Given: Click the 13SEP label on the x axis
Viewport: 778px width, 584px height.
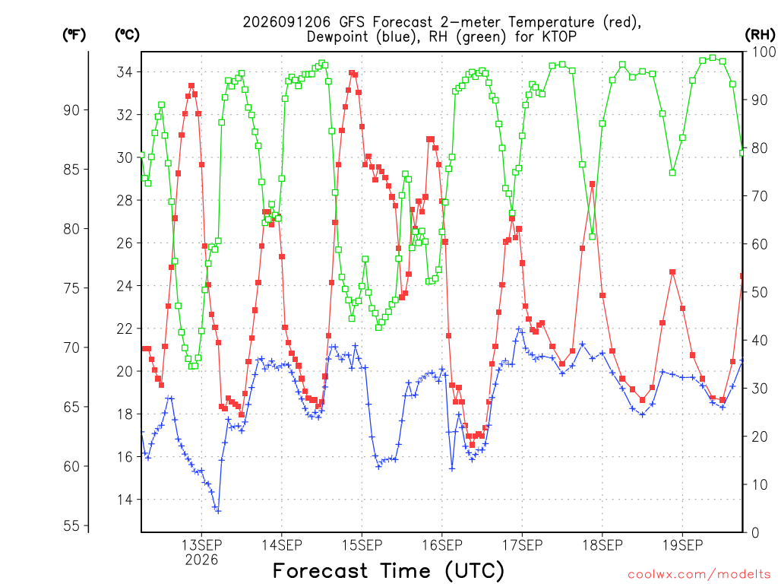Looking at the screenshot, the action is [x=201, y=545].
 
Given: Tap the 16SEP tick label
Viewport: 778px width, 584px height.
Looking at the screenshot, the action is [x=442, y=545].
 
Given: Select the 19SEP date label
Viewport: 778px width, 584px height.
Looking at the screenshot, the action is [x=683, y=545].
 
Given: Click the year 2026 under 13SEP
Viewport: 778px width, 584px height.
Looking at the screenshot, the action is [x=201, y=560].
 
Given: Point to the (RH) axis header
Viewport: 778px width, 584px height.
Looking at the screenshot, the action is [x=760, y=34].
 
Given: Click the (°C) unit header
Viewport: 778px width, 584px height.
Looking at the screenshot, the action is [x=127, y=34].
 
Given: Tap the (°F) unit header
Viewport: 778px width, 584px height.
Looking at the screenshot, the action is [x=74, y=34].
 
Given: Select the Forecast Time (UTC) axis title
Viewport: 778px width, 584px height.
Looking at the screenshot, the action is [x=388, y=571].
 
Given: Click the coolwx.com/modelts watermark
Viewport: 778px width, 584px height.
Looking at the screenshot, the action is [x=699, y=575].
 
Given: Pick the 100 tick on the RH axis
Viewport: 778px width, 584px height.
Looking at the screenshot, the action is [x=763, y=52].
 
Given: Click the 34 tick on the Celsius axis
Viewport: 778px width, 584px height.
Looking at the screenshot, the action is [x=125, y=72].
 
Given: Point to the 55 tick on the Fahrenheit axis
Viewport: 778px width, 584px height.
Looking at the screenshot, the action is [x=71, y=525].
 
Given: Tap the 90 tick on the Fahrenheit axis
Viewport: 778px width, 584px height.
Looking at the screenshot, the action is [x=71, y=110].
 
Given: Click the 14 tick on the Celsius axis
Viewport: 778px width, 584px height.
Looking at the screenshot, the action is [x=125, y=500].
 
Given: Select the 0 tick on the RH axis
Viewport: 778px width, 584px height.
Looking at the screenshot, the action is [x=755, y=533].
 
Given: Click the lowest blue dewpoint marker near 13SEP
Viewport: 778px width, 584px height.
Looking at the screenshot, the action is [x=218, y=510].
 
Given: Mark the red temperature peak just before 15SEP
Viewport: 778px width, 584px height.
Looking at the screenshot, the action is [x=352, y=73].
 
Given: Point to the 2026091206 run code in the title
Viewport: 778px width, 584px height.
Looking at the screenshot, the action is [x=286, y=22].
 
